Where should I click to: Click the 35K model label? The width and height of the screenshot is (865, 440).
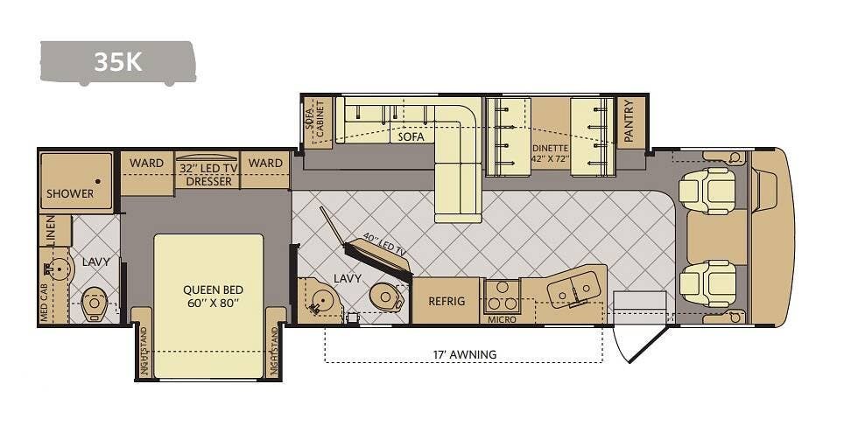pos(118,62)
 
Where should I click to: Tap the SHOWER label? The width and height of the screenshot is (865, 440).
pos(70,193)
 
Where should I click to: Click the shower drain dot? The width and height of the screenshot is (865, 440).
pos(98,181)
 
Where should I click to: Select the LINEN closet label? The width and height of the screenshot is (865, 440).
pos(50,230)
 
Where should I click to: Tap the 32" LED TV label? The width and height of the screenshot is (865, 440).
pos(208,169)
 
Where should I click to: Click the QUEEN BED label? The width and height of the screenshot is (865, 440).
pos(214,290)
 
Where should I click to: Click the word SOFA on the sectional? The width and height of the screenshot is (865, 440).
pos(411,136)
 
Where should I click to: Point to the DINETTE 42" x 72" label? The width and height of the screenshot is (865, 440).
pos(550,153)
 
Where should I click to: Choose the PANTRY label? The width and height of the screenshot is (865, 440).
pos(629,122)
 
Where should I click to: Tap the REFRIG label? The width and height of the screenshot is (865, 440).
pos(447,302)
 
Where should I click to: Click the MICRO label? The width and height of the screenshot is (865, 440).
pos(503,320)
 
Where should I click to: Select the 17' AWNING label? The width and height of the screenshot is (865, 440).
pos(465,354)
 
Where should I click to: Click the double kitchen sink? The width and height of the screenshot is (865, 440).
pos(573,289)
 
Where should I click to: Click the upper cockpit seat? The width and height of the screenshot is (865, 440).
pos(707,191)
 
